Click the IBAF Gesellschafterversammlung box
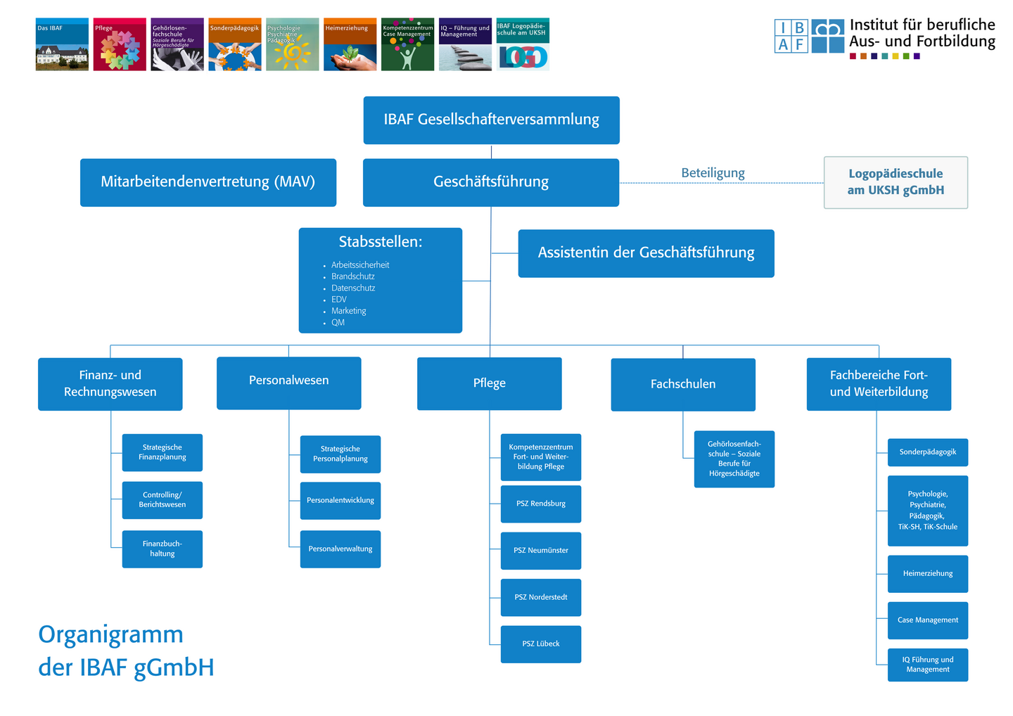(x=491, y=120)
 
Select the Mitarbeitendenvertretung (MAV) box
(x=208, y=182)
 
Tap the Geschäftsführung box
(x=491, y=182)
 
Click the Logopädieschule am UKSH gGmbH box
(x=896, y=182)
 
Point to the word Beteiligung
(x=713, y=173)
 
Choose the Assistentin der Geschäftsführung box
(x=646, y=253)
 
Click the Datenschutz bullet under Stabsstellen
(x=353, y=288)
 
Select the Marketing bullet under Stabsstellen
(x=349, y=311)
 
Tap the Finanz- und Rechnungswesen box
(x=110, y=384)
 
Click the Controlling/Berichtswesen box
(x=163, y=500)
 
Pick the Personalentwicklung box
(x=340, y=501)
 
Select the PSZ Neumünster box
(x=541, y=551)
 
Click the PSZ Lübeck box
(x=541, y=644)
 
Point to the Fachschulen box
(x=683, y=385)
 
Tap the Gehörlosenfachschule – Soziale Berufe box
(x=734, y=459)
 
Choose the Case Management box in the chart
(x=928, y=620)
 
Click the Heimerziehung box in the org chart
(x=928, y=574)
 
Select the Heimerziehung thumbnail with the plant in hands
(x=350, y=45)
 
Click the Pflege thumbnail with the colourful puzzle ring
(x=120, y=45)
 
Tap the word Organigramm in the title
(x=111, y=634)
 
